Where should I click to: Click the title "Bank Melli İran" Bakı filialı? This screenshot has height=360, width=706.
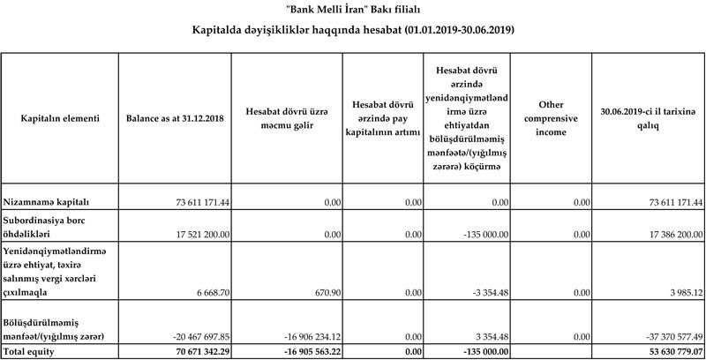353,10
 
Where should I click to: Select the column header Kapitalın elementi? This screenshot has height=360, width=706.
60,118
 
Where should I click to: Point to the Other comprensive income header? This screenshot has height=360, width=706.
551,118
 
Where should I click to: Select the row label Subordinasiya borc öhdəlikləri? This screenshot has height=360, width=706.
49,226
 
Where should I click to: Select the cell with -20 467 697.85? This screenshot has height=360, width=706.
190,337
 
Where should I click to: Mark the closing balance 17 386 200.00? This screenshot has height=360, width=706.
665,234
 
